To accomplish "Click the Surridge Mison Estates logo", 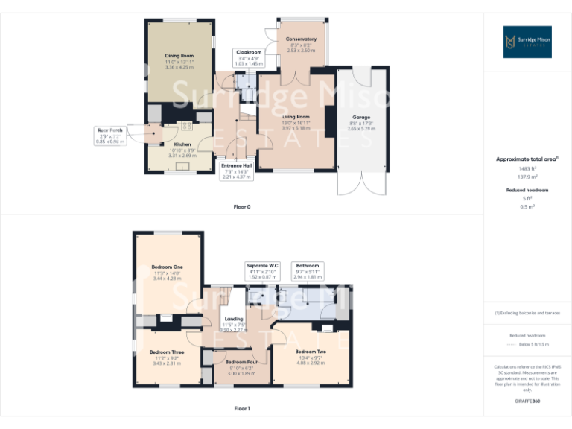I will (527, 42).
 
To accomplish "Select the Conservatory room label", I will (301, 39).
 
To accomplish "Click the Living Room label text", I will (296, 117).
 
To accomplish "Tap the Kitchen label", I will (182, 144).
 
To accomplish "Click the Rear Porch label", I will (109, 136).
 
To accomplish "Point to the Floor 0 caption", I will (242, 206).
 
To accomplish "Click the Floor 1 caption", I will (242, 408).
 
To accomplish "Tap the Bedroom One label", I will (167, 267).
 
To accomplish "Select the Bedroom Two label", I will (311, 352).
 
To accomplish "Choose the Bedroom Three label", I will (167, 352).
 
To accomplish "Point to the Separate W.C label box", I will (261, 270).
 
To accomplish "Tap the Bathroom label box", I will (307, 270).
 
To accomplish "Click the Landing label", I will (234, 320).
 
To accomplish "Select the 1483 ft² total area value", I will (527, 169).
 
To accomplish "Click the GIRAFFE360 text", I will (527, 401).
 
